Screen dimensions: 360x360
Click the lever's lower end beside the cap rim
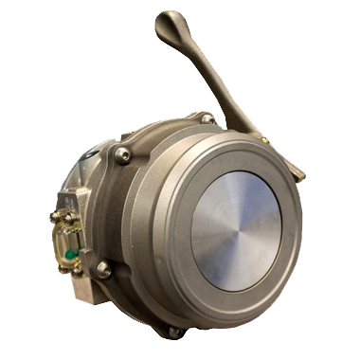(296, 171)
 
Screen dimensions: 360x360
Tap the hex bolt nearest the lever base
(206, 119)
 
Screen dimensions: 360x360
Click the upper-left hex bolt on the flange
(123, 154)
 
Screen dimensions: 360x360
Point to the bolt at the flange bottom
(172, 332)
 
